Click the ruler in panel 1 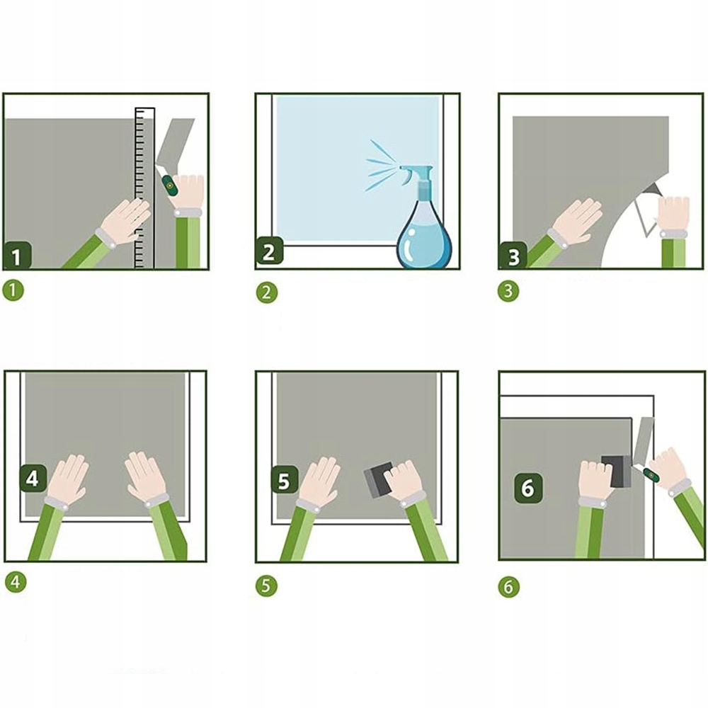point(145,188)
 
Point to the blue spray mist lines point(382,165)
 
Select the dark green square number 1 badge point(17,255)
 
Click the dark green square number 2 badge point(269,251)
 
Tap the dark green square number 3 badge point(513,256)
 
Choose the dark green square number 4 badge point(33,479)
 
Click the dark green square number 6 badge point(528,488)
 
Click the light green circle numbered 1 point(13,290)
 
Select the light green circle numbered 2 point(266,292)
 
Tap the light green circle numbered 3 point(508,291)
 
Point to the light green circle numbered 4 point(16,582)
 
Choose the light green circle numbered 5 point(266,586)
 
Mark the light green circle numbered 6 point(509,587)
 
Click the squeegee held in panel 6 point(616,471)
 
